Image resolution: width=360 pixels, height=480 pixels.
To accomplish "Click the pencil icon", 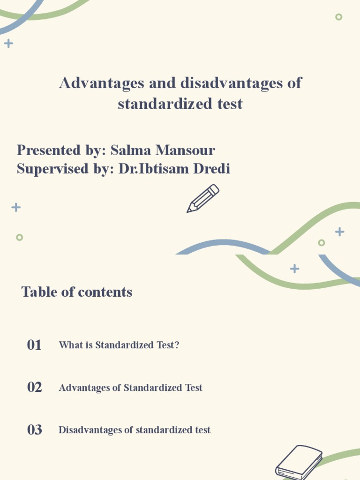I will [203, 198].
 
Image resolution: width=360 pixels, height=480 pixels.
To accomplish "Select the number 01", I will [34, 345].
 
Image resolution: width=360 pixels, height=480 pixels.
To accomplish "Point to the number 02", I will [35, 387].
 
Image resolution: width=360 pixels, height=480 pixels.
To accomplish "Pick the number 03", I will [35, 429].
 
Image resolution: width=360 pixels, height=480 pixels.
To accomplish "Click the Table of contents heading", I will [77, 292].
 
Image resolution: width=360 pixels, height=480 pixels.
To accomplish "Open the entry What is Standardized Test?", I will [119, 345].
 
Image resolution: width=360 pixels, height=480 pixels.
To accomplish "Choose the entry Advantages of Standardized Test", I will [130, 388].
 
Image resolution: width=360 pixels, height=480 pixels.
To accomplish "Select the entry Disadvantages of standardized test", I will [134, 430].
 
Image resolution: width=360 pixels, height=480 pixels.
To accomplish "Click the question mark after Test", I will [177, 345].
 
